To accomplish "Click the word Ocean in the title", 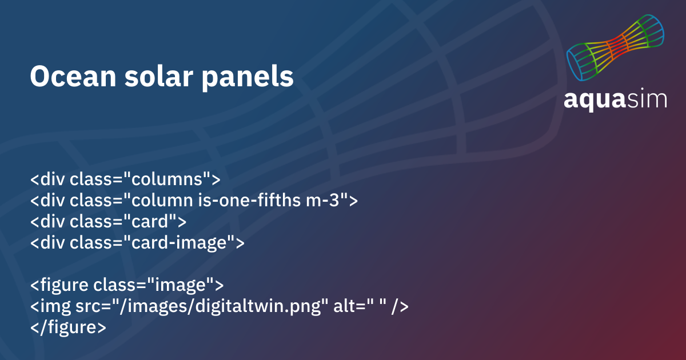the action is [x=73, y=76].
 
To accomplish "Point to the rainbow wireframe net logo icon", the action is [x=615, y=47].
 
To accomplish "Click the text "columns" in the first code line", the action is [x=167, y=179].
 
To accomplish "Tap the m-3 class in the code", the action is [x=323, y=201].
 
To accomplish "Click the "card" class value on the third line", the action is [x=150, y=221].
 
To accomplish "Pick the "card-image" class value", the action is [x=179, y=243].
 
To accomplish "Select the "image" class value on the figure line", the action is [x=181, y=285].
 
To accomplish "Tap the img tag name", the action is [x=55, y=307].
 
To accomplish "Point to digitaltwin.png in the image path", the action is [x=258, y=306].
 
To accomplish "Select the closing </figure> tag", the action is [x=68, y=327].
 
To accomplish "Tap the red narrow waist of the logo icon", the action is [x=617, y=46].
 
